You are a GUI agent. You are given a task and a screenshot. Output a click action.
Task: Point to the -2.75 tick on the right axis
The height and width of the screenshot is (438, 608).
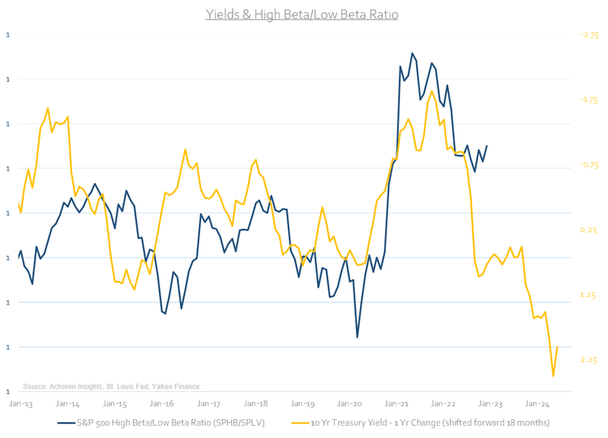coord(589,36)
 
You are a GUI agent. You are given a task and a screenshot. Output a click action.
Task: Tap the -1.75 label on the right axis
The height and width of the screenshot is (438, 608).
coord(589,100)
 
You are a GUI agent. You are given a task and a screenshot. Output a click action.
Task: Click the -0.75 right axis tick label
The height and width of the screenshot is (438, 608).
coord(589,165)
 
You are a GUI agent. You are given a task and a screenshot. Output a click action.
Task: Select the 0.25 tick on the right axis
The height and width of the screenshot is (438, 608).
coord(589,231)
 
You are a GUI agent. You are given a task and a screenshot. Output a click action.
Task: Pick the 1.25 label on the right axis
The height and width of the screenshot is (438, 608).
coord(589,296)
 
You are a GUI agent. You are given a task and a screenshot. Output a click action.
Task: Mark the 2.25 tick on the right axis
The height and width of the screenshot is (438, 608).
coord(589,360)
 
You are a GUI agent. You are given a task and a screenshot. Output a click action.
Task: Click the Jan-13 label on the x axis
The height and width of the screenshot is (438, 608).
coord(20,402)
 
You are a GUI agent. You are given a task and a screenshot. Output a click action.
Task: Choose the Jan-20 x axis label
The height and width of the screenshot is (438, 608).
coord(349,402)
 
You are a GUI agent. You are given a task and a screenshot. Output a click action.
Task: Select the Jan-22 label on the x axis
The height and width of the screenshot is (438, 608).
coord(443,402)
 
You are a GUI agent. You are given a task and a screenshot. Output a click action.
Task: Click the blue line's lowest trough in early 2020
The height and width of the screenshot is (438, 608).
coord(358,337)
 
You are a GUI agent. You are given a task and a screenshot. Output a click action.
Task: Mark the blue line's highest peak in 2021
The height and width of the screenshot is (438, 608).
coord(413,53)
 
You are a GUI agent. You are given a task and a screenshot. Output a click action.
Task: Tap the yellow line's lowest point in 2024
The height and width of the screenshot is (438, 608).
coord(553,376)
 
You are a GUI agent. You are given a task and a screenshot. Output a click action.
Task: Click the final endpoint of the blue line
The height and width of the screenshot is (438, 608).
coord(486,147)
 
